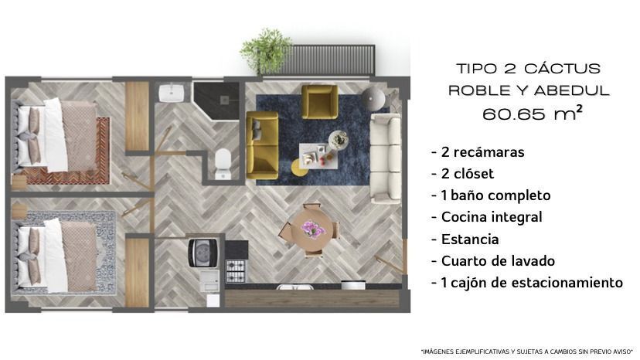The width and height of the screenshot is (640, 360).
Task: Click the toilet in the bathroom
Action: [223, 164]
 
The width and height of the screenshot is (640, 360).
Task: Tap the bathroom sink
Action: [171, 93]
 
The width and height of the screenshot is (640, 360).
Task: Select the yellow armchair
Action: [319, 102]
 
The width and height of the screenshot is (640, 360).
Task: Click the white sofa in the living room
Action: [385, 158]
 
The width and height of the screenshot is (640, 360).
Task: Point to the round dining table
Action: [312, 230]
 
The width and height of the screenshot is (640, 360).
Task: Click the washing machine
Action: [203, 253]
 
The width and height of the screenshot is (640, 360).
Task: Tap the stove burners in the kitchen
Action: [236, 271]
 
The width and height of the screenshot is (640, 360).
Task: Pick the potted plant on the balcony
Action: [266, 51]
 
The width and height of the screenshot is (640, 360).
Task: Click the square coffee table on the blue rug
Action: [318, 156]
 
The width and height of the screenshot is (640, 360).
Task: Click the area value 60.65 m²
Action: [533, 114]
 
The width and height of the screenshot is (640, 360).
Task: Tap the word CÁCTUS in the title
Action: [563, 68]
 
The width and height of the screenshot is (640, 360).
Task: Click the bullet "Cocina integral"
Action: [486, 217]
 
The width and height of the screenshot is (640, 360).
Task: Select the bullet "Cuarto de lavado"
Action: [493, 261]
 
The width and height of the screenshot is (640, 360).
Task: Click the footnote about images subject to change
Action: [526, 352]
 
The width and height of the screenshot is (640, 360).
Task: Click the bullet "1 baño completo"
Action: [491, 195]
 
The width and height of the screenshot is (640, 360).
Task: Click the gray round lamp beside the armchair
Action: [373, 98]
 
